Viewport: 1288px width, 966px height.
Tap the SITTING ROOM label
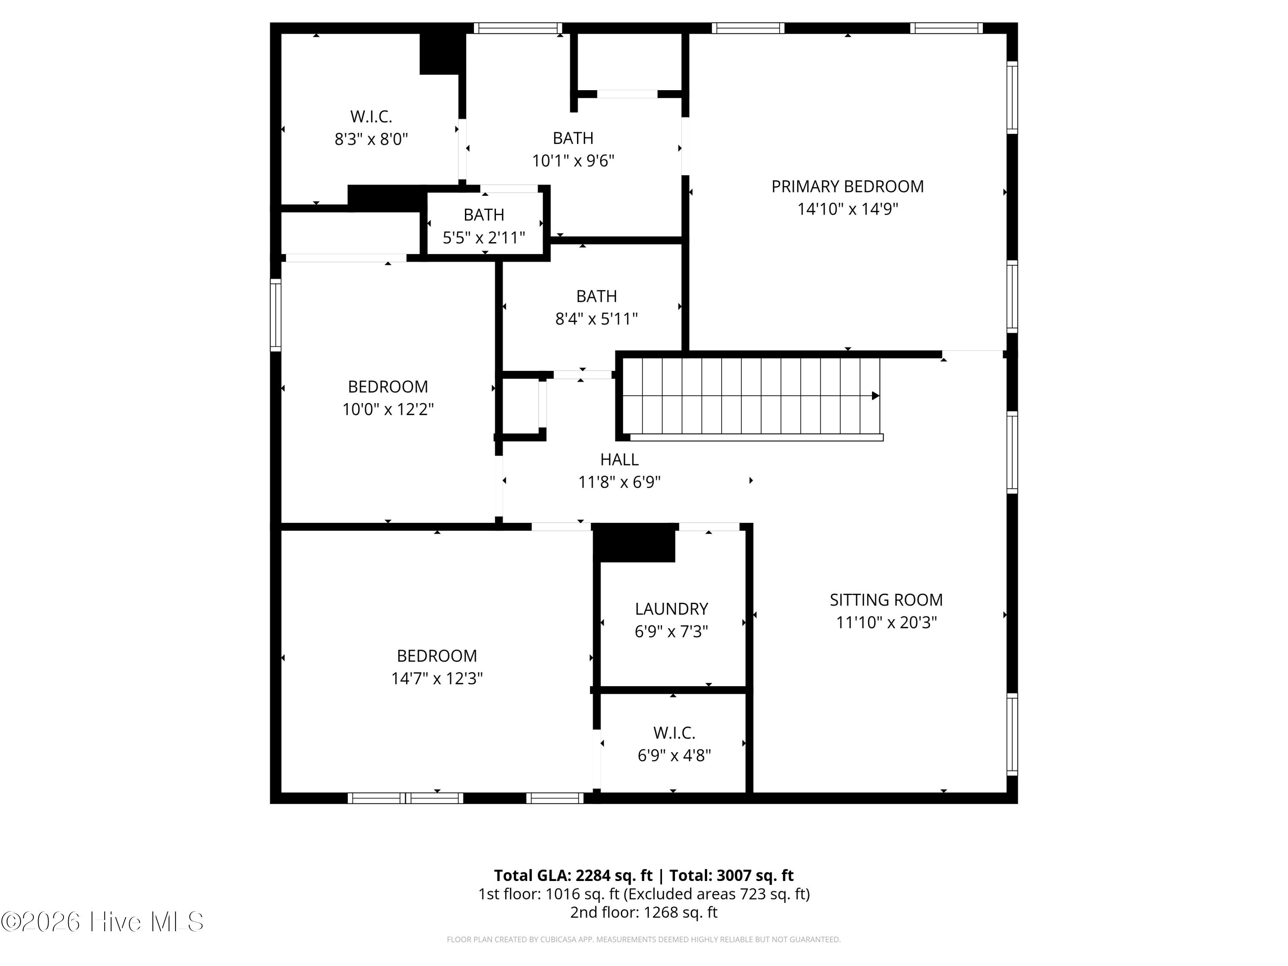pos(886,600)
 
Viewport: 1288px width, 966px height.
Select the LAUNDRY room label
pos(671,609)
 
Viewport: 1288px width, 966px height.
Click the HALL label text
pos(620,460)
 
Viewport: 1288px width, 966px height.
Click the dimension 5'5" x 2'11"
pos(484,237)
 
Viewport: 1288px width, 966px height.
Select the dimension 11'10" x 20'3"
pos(886,623)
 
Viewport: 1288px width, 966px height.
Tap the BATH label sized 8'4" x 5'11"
pos(596,296)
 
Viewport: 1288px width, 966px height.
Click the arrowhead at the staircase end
pos(875,396)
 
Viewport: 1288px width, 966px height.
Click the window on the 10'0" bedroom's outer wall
pos(276,315)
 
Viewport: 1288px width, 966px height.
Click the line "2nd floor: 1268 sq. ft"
pos(644,912)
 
